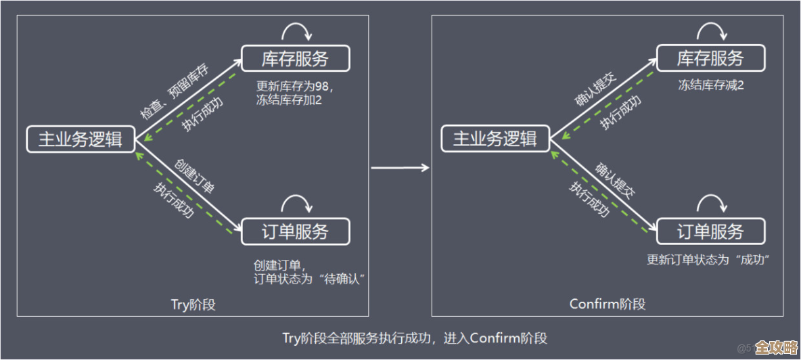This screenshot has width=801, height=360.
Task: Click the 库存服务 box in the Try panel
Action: (x=295, y=58)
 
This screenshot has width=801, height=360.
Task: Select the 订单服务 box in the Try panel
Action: (x=295, y=232)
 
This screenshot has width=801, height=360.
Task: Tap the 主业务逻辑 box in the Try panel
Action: (x=81, y=139)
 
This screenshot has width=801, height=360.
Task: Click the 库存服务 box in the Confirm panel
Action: (x=710, y=58)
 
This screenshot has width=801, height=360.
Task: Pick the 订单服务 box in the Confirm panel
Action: (x=710, y=232)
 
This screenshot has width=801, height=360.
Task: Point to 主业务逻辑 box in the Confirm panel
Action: (x=495, y=139)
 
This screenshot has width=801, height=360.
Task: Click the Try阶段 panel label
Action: (x=193, y=305)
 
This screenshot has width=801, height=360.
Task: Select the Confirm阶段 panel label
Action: (x=608, y=305)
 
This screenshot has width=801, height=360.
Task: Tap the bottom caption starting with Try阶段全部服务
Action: (x=415, y=338)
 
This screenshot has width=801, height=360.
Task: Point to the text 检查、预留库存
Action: (x=174, y=93)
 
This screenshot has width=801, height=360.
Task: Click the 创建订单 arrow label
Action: (x=195, y=177)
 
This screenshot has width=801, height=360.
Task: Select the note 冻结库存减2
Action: (x=711, y=86)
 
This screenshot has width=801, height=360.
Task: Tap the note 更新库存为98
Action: (x=295, y=87)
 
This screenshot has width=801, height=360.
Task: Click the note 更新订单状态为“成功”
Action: (x=710, y=259)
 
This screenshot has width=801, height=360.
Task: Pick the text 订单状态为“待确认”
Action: (x=309, y=279)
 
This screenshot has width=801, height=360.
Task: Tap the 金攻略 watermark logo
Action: (x=775, y=348)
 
